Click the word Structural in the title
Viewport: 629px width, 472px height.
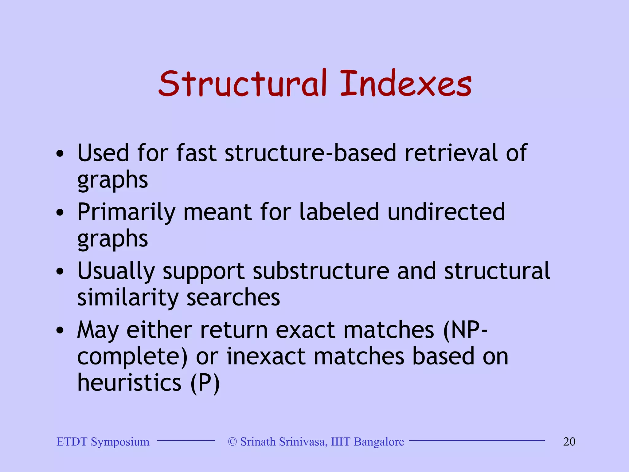coord(243,84)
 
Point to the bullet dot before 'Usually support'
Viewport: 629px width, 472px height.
coord(60,271)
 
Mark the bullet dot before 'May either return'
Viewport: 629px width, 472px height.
coord(60,330)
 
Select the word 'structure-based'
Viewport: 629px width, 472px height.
coord(311,153)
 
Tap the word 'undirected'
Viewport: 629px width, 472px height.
coord(446,212)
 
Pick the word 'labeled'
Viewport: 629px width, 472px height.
coord(339,212)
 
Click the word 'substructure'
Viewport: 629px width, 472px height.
coord(321,271)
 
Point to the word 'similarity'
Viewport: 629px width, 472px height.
coord(128,297)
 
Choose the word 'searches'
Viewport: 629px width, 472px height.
coord(233,297)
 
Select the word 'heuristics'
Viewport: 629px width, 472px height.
coord(129,383)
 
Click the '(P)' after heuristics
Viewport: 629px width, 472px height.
coord(205,383)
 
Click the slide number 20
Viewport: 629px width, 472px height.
coord(569,442)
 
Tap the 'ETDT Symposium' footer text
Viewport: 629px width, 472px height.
coord(103,442)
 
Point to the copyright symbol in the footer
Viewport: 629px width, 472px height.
coord(232,442)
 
